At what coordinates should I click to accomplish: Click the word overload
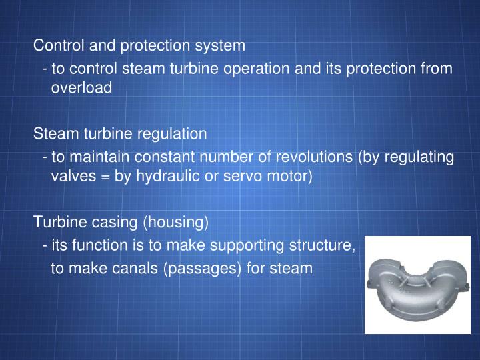click(x=82, y=88)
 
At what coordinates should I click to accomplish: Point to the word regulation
click(x=173, y=134)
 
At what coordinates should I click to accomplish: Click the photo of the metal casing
click(x=417, y=285)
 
